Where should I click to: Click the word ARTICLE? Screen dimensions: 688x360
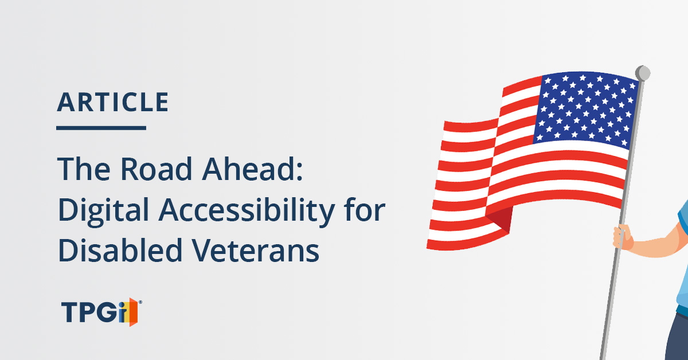tap(113, 102)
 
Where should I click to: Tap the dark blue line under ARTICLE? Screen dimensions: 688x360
tap(101, 128)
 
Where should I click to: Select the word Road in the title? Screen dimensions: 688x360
tap(157, 169)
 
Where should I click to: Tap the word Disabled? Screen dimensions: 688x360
tap(120, 250)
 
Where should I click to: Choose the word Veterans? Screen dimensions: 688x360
tap(256, 251)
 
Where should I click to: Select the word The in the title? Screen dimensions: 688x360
tap(84, 169)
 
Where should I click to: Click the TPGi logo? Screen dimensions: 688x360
tap(101, 312)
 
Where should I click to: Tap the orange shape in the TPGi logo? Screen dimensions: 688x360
tap(133, 312)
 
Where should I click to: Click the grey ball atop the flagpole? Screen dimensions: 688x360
tap(643, 73)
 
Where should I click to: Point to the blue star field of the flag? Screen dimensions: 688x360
tap(586, 108)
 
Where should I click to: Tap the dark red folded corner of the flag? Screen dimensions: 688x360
tap(502, 218)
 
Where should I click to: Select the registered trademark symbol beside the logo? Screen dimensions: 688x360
tap(140, 302)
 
